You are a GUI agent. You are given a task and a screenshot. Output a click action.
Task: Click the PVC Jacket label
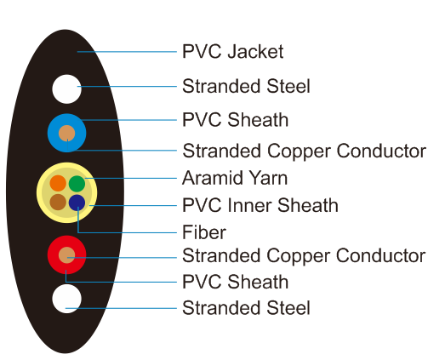coord(233,51)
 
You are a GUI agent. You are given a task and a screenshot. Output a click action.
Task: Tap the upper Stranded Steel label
coord(246,86)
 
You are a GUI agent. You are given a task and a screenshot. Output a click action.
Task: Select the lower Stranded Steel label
coord(246,308)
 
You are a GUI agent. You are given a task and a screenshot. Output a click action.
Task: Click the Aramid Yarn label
coord(235,178)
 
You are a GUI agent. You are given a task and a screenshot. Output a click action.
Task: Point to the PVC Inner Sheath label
coord(260,205)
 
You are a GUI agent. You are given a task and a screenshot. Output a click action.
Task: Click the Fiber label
coord(204,232)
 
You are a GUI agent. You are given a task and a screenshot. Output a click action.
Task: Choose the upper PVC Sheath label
coord(236,119)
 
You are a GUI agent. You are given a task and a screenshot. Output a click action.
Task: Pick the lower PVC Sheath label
coord(236,282)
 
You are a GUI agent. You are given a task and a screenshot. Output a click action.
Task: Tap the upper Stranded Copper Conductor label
coord(305,151)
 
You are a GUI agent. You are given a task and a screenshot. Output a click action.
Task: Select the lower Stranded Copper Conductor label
coord(304,255)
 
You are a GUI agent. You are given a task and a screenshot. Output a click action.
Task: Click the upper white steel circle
coord(67,89)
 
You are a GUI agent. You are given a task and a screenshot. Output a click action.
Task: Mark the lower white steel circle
coord(67,299)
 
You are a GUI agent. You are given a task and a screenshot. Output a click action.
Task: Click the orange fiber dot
coord(58,183)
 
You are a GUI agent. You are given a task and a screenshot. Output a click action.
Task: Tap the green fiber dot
coord(77,184)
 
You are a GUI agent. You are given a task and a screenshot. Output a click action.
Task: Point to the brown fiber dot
coord(58,202)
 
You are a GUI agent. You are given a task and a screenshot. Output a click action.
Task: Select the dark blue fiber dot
coord(77,203)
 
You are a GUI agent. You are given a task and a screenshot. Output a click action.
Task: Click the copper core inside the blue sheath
coord(67,133)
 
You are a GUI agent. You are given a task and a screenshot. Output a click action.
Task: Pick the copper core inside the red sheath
coord(67,255)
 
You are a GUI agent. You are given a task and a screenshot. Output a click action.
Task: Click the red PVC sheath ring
coord(53,255)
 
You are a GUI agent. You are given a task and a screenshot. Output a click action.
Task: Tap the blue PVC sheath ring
coord(53,133)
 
